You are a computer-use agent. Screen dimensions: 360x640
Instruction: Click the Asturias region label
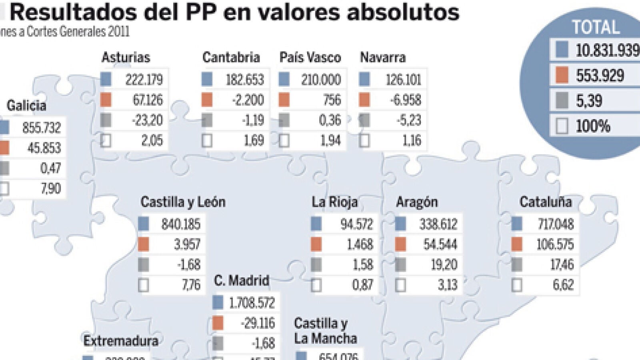coord(126,57)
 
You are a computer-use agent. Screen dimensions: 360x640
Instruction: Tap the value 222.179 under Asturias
coord(144,80)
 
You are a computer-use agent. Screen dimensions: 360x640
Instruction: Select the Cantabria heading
coord(231,57)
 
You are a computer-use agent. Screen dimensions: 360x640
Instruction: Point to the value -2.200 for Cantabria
coord(248,100)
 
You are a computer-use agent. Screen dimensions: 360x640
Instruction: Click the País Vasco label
coord(310,57)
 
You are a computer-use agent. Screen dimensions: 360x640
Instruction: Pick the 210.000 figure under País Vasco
coord(321,80)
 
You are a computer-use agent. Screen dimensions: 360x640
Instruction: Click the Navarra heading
coord(383,57)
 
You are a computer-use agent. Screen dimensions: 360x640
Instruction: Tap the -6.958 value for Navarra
coord(406,100)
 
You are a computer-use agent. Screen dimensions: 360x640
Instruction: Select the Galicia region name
coord(26,106)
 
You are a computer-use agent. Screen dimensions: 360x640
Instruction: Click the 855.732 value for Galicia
coord(42,128)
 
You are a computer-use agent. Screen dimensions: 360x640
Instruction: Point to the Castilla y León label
coord(183,202)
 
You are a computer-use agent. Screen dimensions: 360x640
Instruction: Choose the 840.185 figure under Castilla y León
coord(181,224)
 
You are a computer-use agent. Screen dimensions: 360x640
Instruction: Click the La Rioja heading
coord(334,202)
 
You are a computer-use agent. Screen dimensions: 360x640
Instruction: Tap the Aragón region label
coord(417,202)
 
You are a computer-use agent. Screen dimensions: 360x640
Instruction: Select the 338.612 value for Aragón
coord(438,224)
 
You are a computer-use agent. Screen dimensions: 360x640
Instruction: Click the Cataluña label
coord(546,202)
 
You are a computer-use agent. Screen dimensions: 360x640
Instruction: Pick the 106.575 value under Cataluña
coord(555,244)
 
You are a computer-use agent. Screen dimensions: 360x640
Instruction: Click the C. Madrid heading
coord(242,280)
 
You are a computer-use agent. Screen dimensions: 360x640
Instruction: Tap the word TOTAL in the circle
coord(596,27)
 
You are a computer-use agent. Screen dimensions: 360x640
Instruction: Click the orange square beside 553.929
coord(562,75)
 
